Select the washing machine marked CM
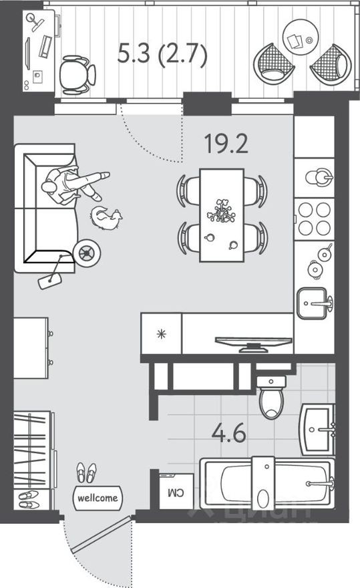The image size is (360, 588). [176, 493]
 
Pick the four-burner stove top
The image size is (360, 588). [314, 217]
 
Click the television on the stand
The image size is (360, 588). [253, 343]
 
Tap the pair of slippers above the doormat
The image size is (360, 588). [85, 472]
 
